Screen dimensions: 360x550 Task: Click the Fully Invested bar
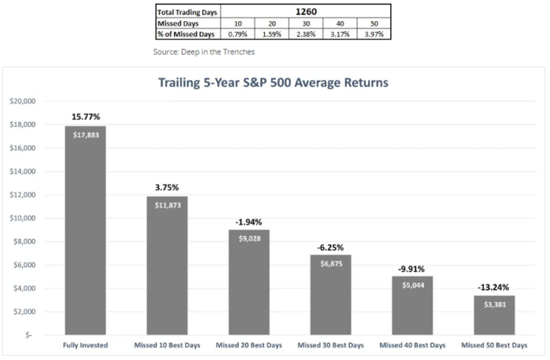pyautogui.click(x=85, y=230)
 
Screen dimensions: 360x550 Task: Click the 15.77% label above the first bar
pyautogui.click(x=85, y=116)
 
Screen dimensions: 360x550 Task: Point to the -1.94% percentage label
pyautogui.click(x=249, y=221)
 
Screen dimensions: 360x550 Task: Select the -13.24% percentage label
pyautogui.click(x=494, y=287)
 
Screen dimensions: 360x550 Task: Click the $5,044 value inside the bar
pyautogui.click(x=412, y=285)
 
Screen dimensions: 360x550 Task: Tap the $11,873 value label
pyautogui.click(x=167, y=205)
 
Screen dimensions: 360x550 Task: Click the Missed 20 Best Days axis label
pyautogui.click(x=249, y=344)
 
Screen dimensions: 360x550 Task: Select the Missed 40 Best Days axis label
pyautogui.click(x=412, y=344)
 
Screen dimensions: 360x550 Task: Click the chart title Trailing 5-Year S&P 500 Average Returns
pyautogui.click(x=274, y=83)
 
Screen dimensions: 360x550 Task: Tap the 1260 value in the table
pyautogui.click(x=305, y=11)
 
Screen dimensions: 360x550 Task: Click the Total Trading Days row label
pyautogui.click(x=187, y=11)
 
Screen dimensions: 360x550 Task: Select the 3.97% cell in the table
pyautogui.click(x=373, y=34)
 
